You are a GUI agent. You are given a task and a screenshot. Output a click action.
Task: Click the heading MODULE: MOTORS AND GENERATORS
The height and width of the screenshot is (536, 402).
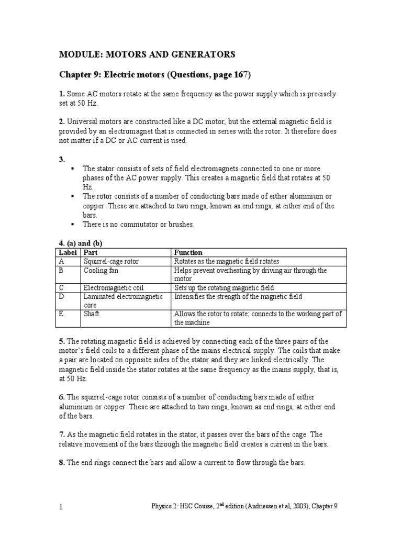147,54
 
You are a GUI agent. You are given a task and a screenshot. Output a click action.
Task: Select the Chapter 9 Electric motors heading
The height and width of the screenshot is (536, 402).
154,75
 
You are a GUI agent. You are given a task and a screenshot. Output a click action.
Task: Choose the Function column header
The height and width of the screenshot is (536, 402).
188,252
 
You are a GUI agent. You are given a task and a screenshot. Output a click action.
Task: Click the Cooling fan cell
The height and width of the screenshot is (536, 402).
99,271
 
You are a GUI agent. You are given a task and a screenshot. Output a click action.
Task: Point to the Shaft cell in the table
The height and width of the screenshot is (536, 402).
91,314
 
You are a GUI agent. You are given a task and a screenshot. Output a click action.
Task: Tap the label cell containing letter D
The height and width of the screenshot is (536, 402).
62,297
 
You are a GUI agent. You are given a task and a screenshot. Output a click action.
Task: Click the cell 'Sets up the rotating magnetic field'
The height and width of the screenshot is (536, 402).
224,288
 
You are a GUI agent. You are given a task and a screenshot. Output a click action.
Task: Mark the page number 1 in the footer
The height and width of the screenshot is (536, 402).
61,507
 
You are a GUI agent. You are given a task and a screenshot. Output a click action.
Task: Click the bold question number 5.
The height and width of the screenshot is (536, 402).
61,341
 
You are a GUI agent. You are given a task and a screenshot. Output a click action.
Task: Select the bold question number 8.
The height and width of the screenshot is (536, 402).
61,462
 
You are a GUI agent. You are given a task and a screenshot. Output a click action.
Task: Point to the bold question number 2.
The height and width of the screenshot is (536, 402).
61,122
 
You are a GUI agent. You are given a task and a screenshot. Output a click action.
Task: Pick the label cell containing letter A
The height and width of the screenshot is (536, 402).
62,261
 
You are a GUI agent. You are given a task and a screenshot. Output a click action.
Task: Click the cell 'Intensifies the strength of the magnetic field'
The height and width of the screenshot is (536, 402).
238,297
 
